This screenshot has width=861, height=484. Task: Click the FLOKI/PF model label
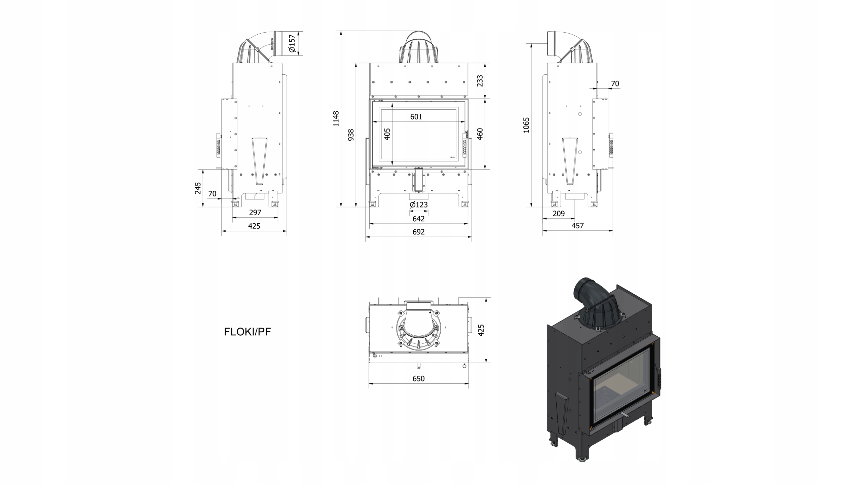click(247, 332)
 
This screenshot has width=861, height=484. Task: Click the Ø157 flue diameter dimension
click(292, 43)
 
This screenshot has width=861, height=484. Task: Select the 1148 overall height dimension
click(336, 119)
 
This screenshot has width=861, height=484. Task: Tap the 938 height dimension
click(351, 135)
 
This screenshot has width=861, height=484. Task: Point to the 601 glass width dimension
click(416, 117)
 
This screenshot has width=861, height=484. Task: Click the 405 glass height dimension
click(387, 134)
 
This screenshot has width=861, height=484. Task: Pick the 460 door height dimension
click(480, 134)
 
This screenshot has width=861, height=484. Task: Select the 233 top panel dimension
click(480, 81)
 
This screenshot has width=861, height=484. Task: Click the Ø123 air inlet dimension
click(419, 204)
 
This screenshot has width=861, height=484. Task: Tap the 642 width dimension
click(419, 219)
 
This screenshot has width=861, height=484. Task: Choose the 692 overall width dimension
click(419, 232)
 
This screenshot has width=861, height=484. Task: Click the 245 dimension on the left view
click(198, 188)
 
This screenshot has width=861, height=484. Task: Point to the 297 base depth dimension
click(255, 213)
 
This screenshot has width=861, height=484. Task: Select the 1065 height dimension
click(526, 125)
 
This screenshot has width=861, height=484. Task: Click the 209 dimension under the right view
click(559, 213)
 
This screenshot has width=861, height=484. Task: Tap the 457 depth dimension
click(577, 226)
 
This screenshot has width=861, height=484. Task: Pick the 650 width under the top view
click(419, 378)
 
